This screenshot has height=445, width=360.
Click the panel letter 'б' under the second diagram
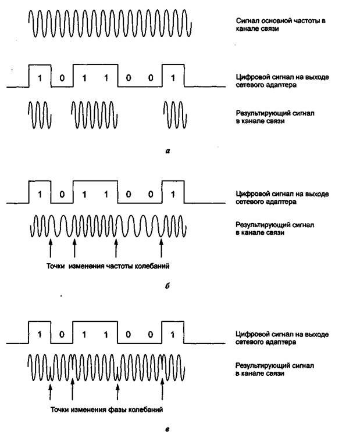pyautogui.click(x=167, y=288)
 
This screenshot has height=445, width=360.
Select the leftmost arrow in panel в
pyautogui.click(x=51, y=388)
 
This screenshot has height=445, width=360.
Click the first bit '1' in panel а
pyautogui.click(x=40, y=78)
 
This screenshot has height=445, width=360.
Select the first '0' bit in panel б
pyautogui.click(x=62, y=194)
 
